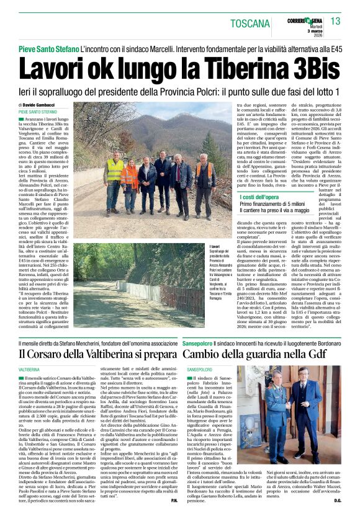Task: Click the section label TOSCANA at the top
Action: [251, 24]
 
